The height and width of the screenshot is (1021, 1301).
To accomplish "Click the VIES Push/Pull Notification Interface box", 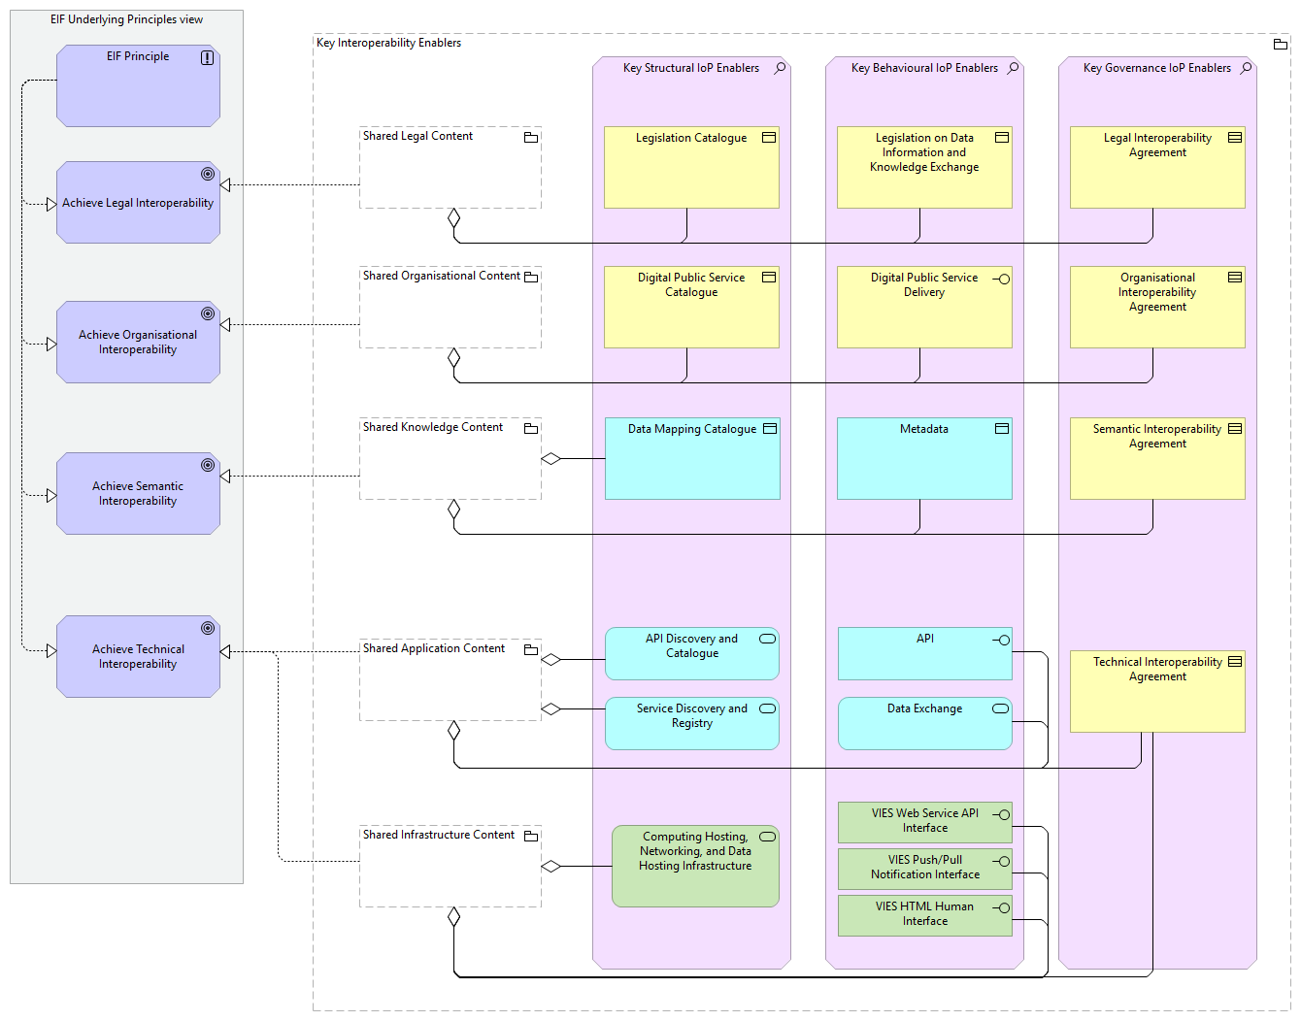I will click(x=924, y=868).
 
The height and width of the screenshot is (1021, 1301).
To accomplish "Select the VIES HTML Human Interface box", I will click(x=924, y=914).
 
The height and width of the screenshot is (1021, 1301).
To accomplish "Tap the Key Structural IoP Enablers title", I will click(x=691, y=68).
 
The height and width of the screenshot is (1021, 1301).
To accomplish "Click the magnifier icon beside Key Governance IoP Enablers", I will click(x=1247, y=68).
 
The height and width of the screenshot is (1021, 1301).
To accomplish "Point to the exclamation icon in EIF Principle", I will click(x=207, y=58).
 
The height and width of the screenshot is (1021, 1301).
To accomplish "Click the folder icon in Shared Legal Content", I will click(x=531, y=138).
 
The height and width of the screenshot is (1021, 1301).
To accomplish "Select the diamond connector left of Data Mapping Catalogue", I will click(x=551, y=459).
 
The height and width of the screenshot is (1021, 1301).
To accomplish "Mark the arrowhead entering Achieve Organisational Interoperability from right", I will click(x=225, y=325).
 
